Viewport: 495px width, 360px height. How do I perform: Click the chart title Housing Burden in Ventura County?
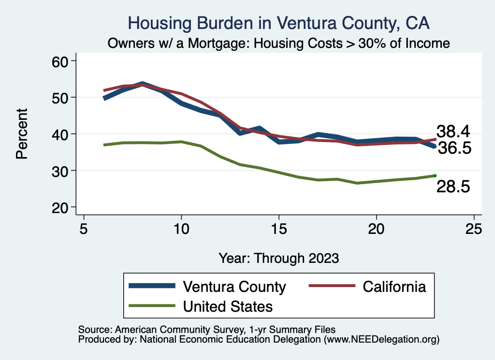278,23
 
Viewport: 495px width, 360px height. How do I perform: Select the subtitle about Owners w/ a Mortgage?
278,43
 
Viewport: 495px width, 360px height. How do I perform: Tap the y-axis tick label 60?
61,61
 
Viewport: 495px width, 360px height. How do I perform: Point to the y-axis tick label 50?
61,98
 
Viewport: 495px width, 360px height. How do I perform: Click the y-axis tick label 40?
61,134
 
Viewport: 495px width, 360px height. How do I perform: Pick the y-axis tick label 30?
61,171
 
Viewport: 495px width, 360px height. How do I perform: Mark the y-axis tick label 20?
61,207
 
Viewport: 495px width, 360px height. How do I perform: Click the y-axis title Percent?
22,134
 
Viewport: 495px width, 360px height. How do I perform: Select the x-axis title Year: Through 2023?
278,258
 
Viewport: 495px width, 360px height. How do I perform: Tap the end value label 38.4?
453,131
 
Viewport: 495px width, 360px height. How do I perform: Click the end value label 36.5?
454,148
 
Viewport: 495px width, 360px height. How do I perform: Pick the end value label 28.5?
453,187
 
